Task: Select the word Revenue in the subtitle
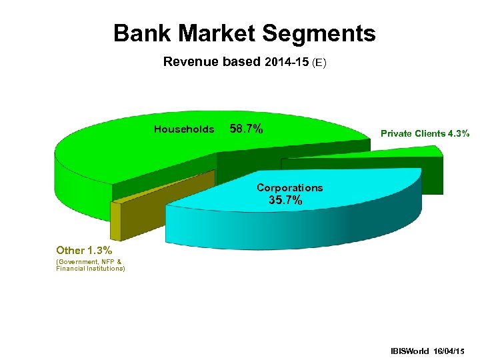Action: pos(192,63)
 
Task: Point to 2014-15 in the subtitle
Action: pos(287,63)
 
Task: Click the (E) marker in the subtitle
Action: pos(319,63)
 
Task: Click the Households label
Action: pos(184,129)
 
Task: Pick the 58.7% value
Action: pos(246,129)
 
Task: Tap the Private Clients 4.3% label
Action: pos(425,133)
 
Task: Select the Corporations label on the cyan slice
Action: pos(289,188)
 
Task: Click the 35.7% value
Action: pos(285,200)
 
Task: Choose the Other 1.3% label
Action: pos(84,251)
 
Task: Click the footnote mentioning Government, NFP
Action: pos(89,262)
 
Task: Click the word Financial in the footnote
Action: pos(72,269)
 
